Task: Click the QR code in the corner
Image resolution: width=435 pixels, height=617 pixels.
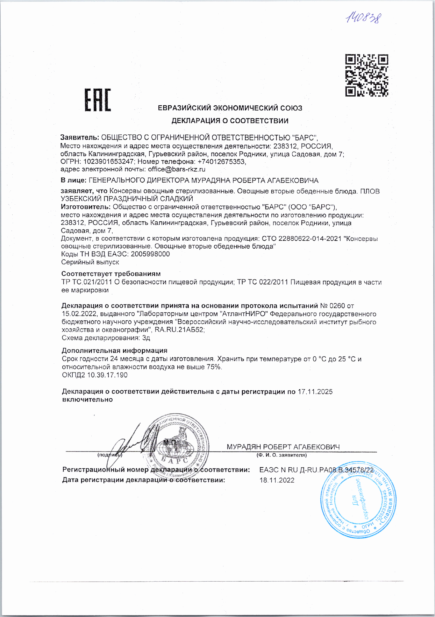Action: pyautogui.click(x=367, y=75)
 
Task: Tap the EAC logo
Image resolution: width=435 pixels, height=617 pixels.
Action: pyautogui.click(x=98, y=100)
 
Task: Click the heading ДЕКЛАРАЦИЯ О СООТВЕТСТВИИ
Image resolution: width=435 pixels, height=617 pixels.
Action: pyautogui.click(x=230, y=121)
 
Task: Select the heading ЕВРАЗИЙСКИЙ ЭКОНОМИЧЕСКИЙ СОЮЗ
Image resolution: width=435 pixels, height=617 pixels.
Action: pyautogui.click(x=230, y=108)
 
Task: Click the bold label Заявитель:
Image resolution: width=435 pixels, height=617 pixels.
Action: pyautogui.click(x=80, y=137)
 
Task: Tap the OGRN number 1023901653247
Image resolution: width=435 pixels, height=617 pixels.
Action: pyautogui.click(x=108, y=162)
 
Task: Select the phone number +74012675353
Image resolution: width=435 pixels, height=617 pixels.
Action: pyautogui.click(x=222, y=162)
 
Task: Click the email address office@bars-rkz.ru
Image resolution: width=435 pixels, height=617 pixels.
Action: pyautogui.click(x=177, y=169)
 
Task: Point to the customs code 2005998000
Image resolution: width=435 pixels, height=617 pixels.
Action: pyautogui.click(x=150, y=254)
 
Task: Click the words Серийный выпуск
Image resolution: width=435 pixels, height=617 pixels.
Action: pyautogui.click(x=90, y=262)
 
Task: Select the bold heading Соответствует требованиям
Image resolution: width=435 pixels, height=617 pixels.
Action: pyautogui.click(x=111, y=274)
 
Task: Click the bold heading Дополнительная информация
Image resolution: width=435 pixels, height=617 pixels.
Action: pyautogui.click(x=114, y=350)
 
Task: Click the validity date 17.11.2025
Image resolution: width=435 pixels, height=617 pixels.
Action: pyautogui.click(x=315, y=392)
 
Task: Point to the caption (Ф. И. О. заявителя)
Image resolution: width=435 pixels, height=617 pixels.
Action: pyautogui.click(x=281, y=455)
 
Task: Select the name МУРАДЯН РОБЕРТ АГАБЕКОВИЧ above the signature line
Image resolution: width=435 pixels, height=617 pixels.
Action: pyautogui.click(x=283, y=447)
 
